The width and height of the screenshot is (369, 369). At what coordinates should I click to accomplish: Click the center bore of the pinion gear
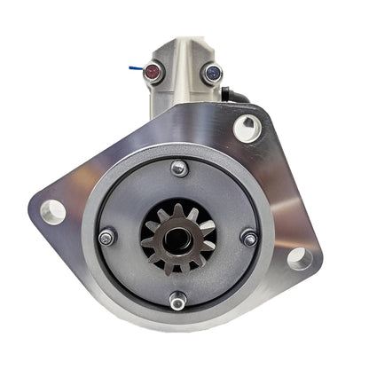(x=178, y=239)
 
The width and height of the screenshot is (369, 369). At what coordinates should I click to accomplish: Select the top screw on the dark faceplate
(x=179, y=169)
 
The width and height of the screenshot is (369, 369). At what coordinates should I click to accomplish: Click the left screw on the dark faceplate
(x=107, y=237)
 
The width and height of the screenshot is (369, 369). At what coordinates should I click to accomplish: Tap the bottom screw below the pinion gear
(x=177, y=302)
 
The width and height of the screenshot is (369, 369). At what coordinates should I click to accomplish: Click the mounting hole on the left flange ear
(x=52, y=212)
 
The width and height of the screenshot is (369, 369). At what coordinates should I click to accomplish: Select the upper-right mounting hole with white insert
(x=247, y=128)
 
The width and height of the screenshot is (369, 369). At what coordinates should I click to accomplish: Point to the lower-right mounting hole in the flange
(x=299, y=258)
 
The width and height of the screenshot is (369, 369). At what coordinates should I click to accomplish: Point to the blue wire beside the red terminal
(x=134, y=63)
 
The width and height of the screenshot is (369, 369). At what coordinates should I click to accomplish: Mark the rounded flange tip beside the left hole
(x=35, y=211)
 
